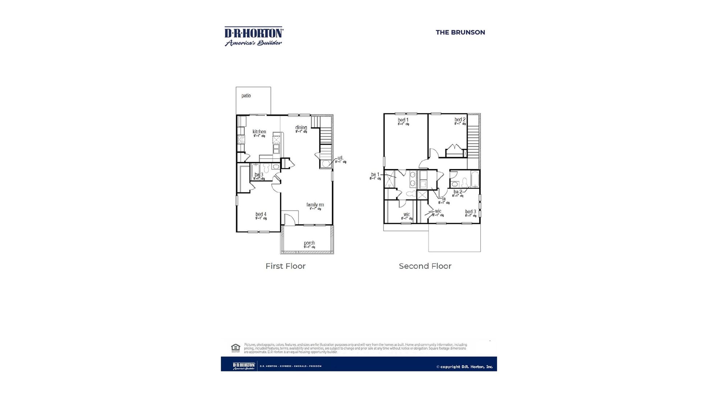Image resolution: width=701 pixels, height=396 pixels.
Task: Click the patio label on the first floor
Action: pyautogui.click(x=246, y=96)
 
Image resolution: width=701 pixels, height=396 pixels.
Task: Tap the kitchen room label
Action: pyautogui.click(x=259, y=132)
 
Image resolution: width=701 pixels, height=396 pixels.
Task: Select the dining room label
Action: pyautogui.click(x=301, y=128)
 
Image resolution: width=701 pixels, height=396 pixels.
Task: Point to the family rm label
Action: pyautogui.click(x=315, y=205)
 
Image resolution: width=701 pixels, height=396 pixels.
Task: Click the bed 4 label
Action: pyautogui.click(x=261, y=214)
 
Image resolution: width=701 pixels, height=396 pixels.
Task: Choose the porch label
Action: pyautogui.click(x=309, y=243)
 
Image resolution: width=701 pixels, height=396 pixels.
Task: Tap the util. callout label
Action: pyautogui.click(x=340, y=158)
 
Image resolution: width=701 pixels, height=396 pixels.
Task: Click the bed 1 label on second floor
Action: pyautogui.click(x=403, y=120)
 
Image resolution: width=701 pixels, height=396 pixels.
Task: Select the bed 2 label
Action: pyautogui.click(x=460, y=120)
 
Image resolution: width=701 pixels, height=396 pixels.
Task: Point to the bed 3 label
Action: pyautogui.click(x=471, y=212)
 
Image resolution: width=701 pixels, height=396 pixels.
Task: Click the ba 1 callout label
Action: pyautogui.click(x=375, y=175)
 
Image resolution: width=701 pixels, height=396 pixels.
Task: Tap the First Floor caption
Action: pyautogui.click(x=286, y=266)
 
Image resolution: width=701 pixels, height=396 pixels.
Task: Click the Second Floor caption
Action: pyautogui.click(x=425, y=266)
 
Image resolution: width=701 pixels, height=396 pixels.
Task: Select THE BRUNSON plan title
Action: pyautogui.click(x=460, y=32)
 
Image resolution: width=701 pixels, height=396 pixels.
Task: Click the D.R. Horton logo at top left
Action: pyautogui.click(x=254, y=36)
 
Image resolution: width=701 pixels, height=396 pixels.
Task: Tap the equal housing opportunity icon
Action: pyautogui.click(x=235, y=348)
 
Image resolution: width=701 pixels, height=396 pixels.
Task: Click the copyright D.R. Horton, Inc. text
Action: pyautogui.click(x=464, y=367)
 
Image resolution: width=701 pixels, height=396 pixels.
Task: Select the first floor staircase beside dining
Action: pyautogui.click(x=325, y=136)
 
